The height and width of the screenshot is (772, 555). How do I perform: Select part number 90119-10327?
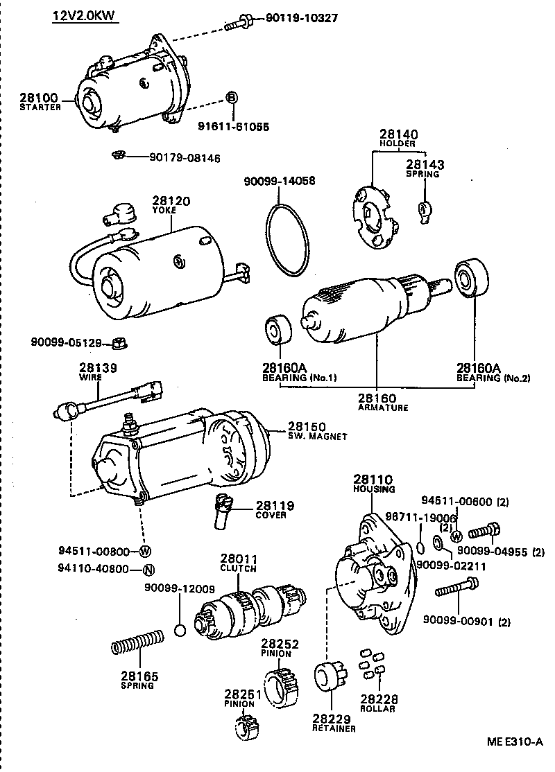pos(302,18)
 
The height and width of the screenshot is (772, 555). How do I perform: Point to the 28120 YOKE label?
pos(171,204)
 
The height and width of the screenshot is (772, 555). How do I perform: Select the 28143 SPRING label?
pos(425,168)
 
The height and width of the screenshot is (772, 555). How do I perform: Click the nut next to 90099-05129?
pos(117,342)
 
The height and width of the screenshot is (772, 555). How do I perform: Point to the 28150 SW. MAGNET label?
pos(317,430)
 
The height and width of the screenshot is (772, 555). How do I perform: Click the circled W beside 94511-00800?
pos(144,552)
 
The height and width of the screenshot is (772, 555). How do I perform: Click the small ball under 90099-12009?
pos(180,630)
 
